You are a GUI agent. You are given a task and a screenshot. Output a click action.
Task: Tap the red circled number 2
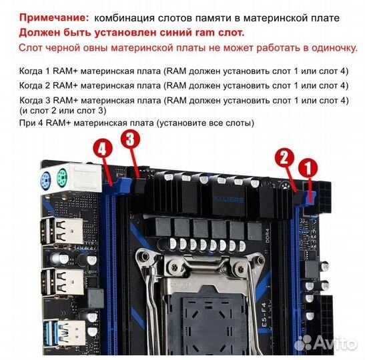click(x=284, y=158)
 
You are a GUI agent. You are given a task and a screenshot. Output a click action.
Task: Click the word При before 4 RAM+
click(x=27, y=124)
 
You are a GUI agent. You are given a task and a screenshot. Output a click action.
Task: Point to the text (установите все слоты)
click(x=198, y=124)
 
